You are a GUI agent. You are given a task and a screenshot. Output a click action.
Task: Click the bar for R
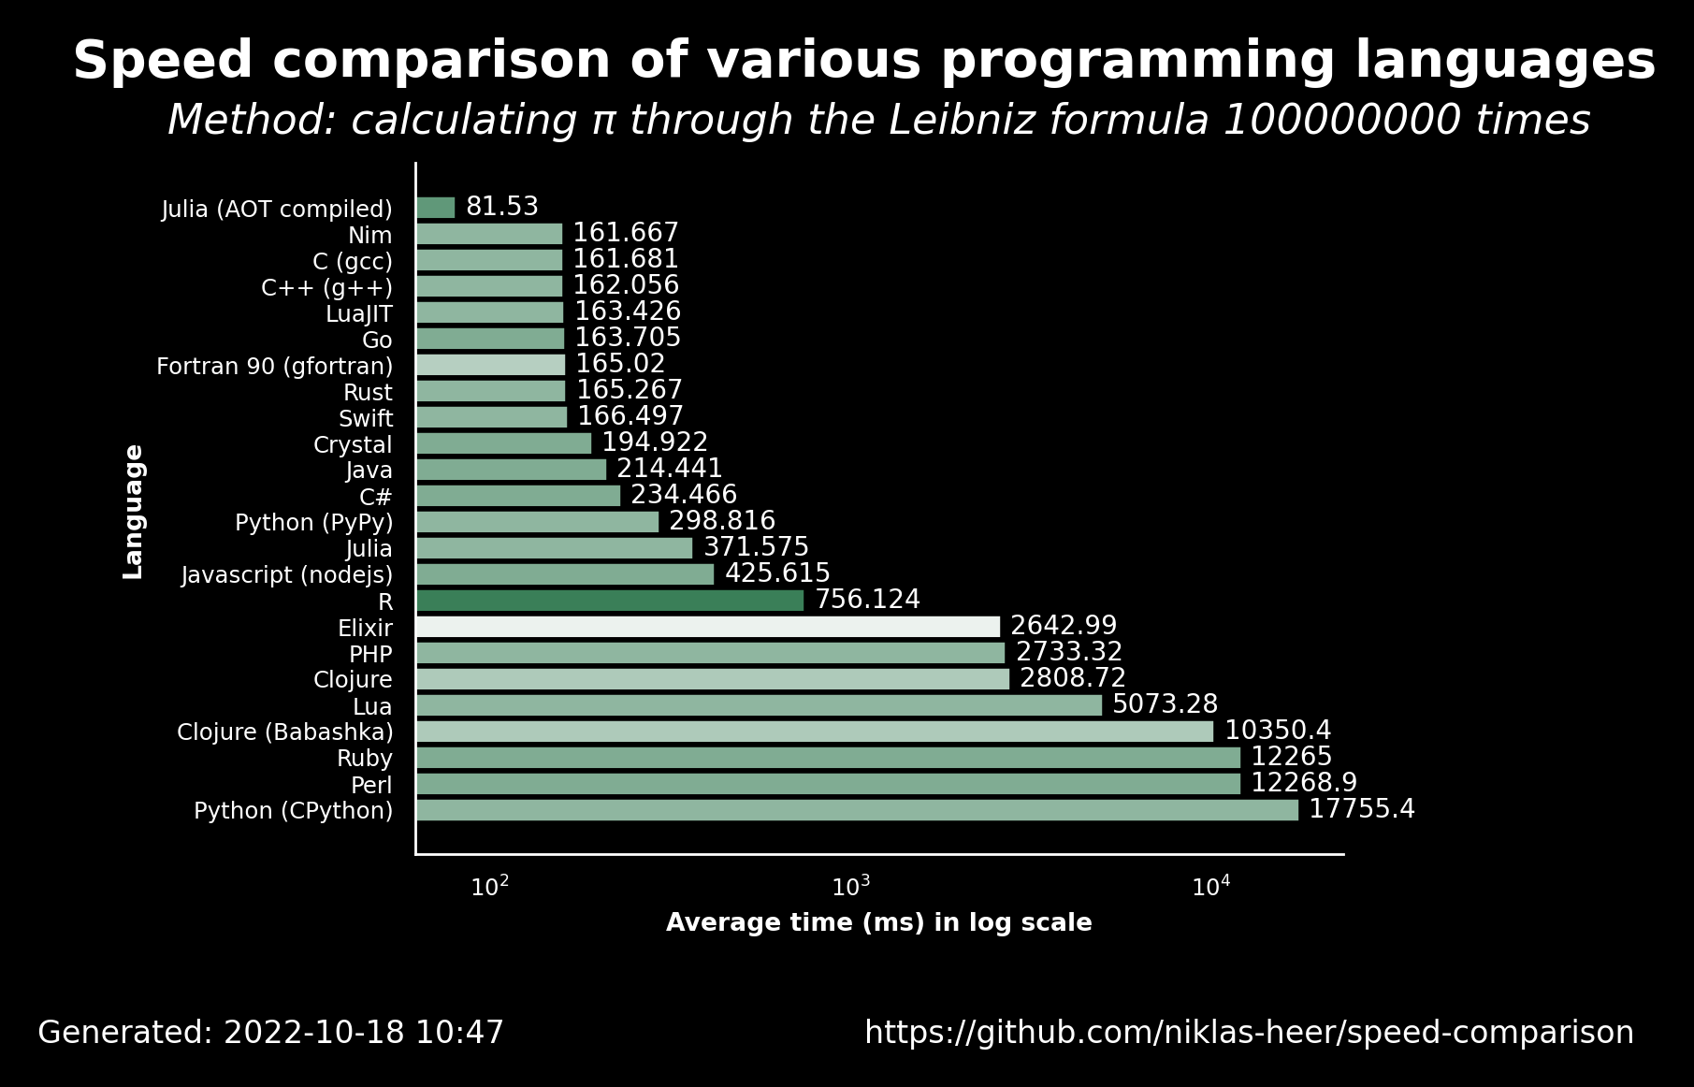(610, 601)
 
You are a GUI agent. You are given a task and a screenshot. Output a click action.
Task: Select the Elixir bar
(708, 627)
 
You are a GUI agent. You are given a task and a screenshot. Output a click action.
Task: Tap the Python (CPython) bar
(857, 810)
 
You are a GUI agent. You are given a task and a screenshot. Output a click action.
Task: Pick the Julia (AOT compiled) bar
(436, 208)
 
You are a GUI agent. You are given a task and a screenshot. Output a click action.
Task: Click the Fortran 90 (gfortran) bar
(491, 365)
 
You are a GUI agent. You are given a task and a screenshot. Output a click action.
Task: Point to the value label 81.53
(502, 207)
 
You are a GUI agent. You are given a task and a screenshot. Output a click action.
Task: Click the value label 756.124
(868, 600)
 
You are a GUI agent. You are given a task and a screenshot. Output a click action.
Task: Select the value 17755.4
(1362, 809)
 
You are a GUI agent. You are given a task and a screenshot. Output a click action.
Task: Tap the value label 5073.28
(1166, 704)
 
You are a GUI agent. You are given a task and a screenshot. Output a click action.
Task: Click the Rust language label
(368, 392)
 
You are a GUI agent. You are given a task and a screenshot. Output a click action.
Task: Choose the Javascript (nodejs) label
(287, 574)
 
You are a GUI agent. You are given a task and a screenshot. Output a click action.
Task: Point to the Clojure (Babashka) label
(285, 732)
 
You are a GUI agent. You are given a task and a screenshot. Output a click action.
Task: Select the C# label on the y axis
(376, 497)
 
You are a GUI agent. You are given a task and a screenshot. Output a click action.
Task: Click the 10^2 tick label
(490, 886)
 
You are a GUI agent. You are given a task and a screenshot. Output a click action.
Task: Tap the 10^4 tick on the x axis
(1211, 886)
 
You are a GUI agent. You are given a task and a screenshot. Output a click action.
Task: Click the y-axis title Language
(134, 512)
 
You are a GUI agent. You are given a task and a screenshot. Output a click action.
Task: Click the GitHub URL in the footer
(1250, 1033)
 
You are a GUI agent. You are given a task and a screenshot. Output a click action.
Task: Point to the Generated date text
(271, 1033)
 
